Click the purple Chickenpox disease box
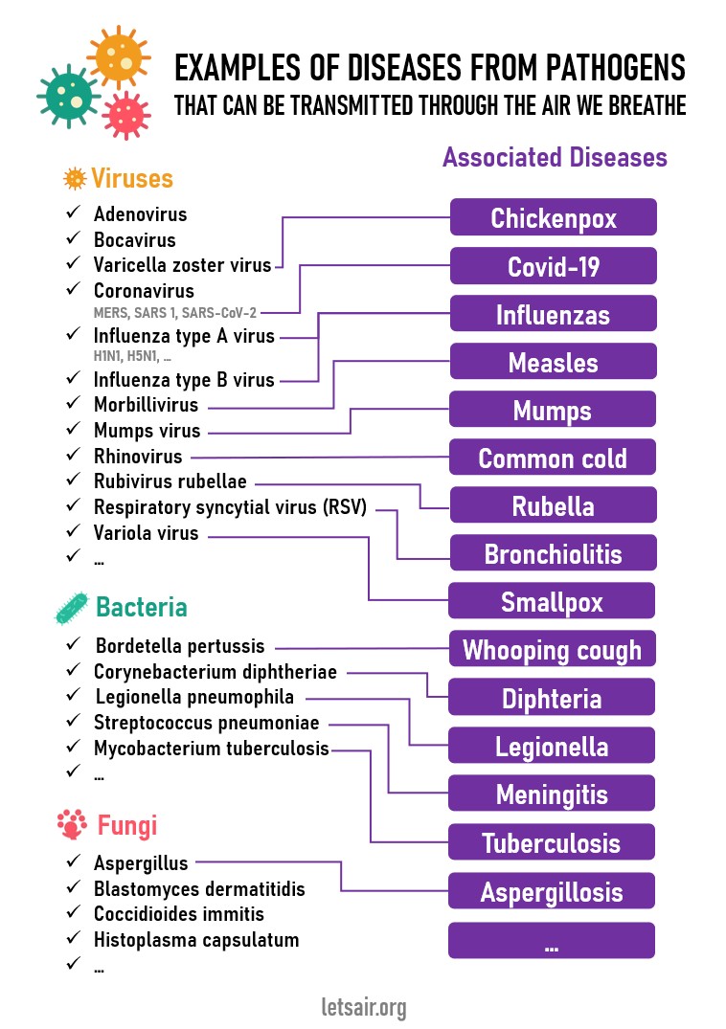click(554, 217)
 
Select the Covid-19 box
click(554, 266)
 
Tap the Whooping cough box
click(552, 649)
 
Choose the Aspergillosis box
click(552, 891)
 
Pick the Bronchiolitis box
click(554, 553)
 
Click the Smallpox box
click(552, 601)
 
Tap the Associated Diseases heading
click(555, 158)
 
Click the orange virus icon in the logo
click(119, 57)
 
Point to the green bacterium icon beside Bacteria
click(72, 608)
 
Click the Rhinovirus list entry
click(138, 456)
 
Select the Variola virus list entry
click(146, 533)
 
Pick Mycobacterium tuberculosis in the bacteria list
click(212, 749)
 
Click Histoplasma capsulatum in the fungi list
click(196, 940)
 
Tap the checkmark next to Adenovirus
click(73, 212)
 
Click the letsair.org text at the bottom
click(364, 1007)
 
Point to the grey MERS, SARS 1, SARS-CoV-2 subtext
click(174, 313)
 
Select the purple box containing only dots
click(552, 940)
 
